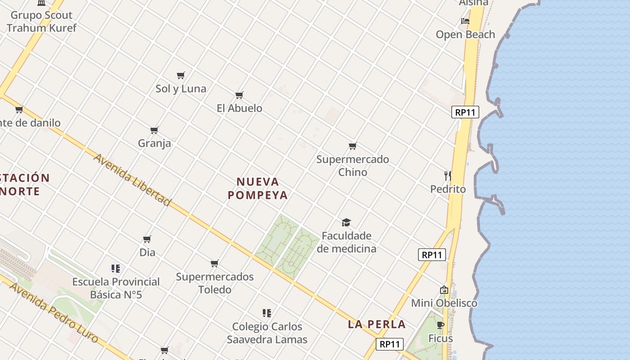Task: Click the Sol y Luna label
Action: tap(181, 89)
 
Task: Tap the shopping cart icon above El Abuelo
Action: tap(239, 95)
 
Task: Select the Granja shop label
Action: tap(154, 143)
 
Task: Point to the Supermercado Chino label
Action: tap(353, 166)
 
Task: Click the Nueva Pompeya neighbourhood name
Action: tap(257, 188)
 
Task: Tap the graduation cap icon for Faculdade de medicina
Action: tap(346, 222)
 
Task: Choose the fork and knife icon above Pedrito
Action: tap(447, 175)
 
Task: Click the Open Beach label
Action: tap(465, 35)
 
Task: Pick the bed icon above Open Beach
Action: tap(465, 21)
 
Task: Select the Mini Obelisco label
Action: tap(444, 303)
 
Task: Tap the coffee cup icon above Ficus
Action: tap(441, 325)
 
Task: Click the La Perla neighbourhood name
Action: tap(377, 324)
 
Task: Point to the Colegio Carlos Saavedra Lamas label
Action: tap(267, 333)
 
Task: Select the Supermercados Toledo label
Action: tap(215, 283)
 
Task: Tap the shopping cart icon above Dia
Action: tap(147, 239)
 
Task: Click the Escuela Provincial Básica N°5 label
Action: tap(116, 288)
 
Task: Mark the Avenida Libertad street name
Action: tap(132, 180)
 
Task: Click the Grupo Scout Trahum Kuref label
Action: tap(41, 21)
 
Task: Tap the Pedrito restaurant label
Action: tap(448, 189)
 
